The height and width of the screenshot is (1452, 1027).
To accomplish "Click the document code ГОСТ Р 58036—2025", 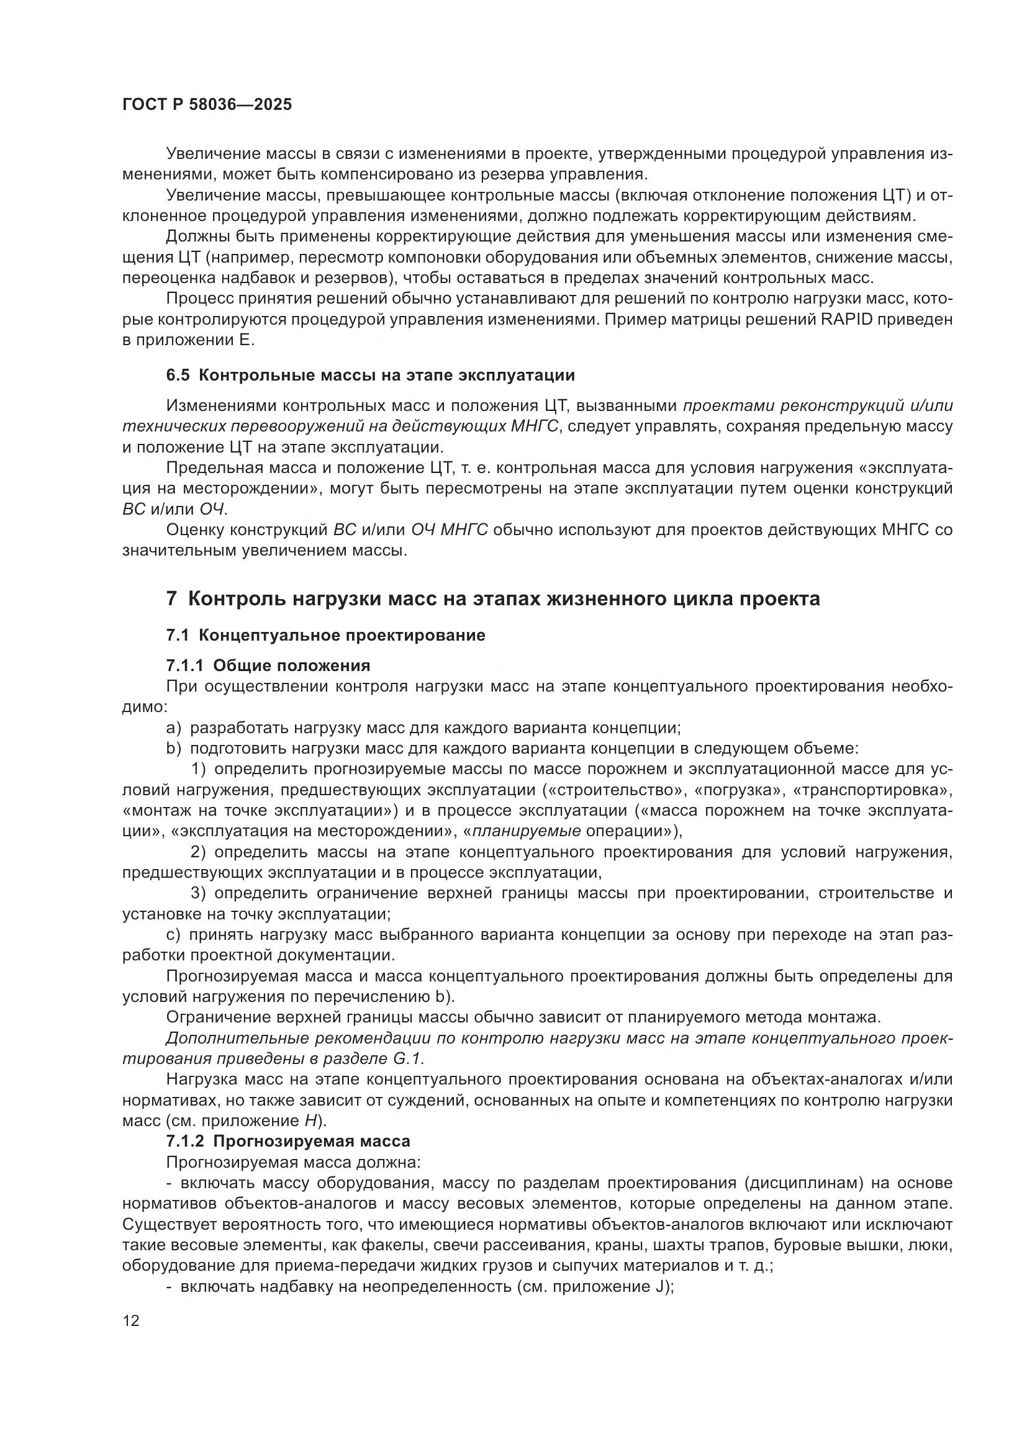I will coord(207,105).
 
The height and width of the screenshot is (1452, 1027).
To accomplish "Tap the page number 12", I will coord(131,1320).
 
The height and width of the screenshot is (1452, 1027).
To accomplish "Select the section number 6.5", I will coord(178,376).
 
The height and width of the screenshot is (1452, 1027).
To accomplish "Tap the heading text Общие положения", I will coord(292,666).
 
